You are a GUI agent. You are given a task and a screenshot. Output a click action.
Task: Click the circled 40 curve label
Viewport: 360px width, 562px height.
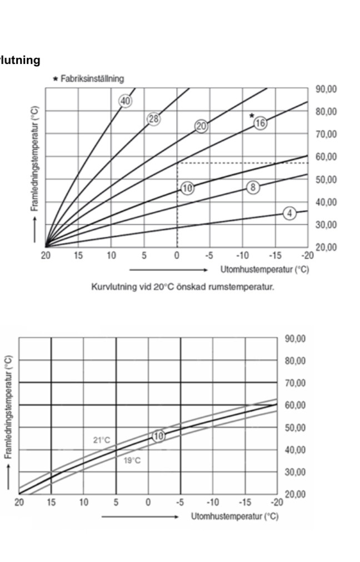point(125,101)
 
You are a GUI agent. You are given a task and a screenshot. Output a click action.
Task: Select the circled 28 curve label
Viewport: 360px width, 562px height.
point(153,118)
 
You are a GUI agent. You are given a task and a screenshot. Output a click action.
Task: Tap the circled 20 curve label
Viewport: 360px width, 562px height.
point(201,126)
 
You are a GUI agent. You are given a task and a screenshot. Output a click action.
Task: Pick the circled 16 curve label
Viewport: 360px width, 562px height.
point(260,123)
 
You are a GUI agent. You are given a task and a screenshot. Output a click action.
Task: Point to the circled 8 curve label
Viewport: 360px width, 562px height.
point(253,187)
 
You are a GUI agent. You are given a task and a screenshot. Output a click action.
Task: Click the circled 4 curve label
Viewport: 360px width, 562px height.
point(290,213)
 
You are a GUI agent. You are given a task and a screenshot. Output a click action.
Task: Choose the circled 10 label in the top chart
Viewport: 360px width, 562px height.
point(188,188)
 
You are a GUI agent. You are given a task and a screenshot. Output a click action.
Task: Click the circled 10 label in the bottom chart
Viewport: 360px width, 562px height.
point(159,436)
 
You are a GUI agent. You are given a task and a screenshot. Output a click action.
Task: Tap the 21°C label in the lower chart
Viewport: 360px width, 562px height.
point(101,440)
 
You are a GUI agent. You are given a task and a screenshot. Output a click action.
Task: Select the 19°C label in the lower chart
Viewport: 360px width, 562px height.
point(132,460)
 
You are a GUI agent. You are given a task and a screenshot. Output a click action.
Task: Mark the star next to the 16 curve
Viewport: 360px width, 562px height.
point(251,116)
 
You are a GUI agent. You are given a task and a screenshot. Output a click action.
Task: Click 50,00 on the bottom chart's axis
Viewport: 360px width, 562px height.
point(295,427)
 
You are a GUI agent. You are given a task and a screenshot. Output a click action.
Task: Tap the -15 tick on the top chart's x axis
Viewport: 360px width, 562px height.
point(274,256)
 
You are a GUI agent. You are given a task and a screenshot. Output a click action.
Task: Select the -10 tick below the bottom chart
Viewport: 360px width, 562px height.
point(213,503)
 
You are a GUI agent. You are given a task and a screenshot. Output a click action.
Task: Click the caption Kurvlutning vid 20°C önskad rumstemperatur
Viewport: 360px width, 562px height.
point(183,287)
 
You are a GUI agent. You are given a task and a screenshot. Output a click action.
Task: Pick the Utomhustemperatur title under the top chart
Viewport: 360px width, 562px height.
point(264,270)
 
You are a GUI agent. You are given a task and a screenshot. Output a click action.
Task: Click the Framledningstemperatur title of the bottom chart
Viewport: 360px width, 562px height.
point(8,407)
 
